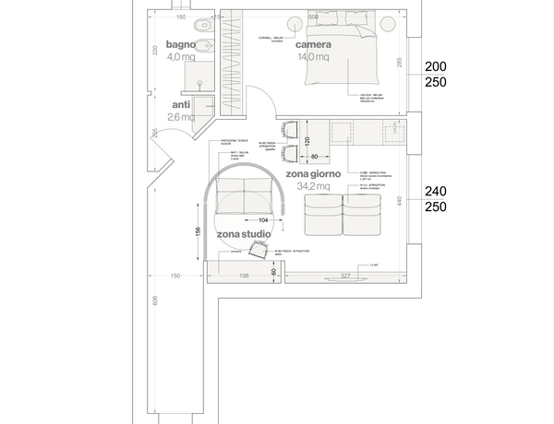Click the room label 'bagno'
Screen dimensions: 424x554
tap(181, 44)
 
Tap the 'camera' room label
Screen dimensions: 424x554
tap(314, 44)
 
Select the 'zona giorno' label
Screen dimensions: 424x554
tap(314, 173)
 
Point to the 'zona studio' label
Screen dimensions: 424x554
tap(244, 235)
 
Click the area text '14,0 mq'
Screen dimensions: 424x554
tap(314, 57)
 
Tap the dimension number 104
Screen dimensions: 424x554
tap(264, 220)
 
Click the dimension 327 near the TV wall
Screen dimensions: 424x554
tap(346, 275)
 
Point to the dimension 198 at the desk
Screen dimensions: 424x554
tap(245, 275)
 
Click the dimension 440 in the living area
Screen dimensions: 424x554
tap(401, 200)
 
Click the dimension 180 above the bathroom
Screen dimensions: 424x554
tap(181, 18)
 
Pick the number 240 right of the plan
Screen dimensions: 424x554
tap(435, 192)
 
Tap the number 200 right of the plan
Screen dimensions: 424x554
tap(435, 67)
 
